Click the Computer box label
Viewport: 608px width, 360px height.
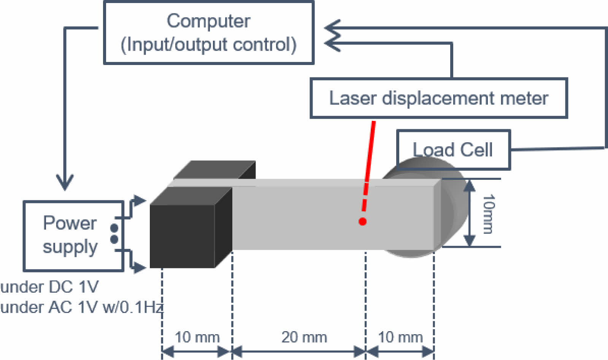[208, 33]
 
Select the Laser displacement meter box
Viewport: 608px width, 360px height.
[438, 98]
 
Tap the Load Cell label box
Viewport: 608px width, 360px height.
[453, 149]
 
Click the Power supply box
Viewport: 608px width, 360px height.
[73, 236]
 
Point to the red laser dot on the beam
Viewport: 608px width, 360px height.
[362, 221]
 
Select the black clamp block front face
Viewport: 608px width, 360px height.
[182, 236]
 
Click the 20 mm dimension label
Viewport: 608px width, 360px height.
[304, 337]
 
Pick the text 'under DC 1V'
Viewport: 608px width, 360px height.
[49, 287]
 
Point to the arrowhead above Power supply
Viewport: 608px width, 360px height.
[65, 182]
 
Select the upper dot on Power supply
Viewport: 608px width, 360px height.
[114, 228]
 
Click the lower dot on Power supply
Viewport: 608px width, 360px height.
[114, 239]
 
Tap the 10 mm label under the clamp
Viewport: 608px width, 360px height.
[197, 337]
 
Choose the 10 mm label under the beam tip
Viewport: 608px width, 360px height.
[400, 337]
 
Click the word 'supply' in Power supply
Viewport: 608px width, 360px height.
[70, 247]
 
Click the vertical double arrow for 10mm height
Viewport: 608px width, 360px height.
[470, 213]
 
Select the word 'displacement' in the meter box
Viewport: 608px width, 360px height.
[438, 98]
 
